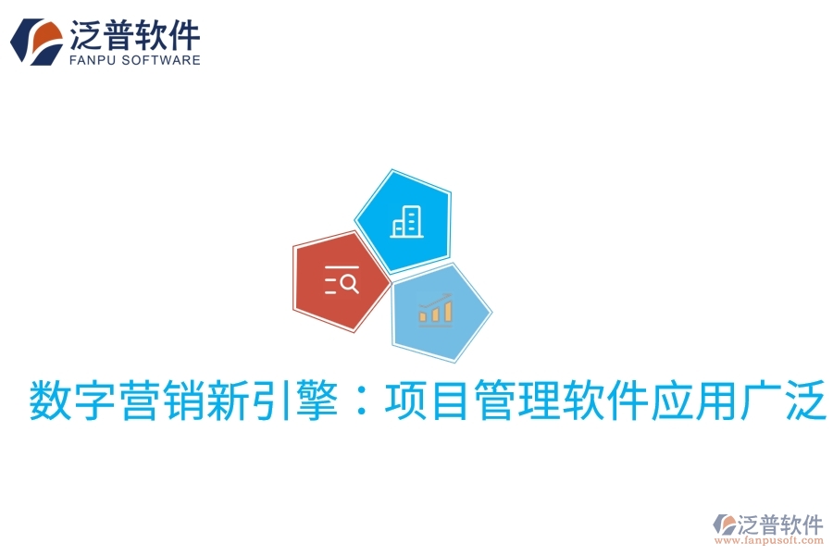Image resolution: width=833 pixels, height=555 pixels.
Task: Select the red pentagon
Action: pyautogui.click(x=339, y=282)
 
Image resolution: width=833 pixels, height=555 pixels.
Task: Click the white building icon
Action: pyautogui.click(x=405, y=221)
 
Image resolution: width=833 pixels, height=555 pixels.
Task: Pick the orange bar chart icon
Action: pyautogui.click(x=435, y=310)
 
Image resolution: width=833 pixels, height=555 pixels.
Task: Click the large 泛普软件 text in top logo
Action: pyautogui.click(x=134, y=33)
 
